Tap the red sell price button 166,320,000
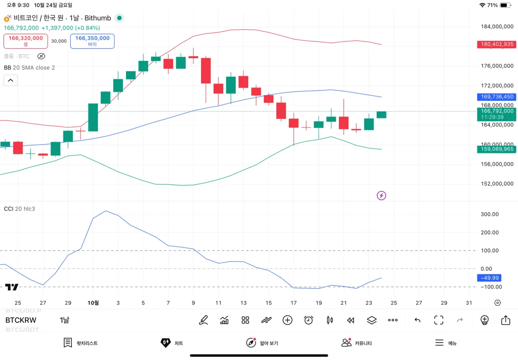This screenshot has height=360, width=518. (26, 41)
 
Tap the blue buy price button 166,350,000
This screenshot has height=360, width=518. (92, 41)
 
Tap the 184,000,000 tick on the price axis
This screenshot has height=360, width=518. (497, 27)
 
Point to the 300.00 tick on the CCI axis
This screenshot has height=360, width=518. (490, 214)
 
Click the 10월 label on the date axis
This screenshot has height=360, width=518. (93, 303)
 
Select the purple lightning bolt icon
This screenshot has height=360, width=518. (381, 196)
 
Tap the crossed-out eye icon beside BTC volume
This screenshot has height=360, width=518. (41, 56)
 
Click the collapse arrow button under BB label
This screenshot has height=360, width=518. (11, 80)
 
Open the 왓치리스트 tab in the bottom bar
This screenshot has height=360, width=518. (81, 343)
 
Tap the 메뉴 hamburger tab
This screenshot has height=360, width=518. (446, 343)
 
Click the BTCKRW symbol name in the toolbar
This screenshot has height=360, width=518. (21, 320)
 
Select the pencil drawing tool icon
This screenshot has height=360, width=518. (203, 320)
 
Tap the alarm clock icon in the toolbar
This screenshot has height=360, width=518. (308, 320)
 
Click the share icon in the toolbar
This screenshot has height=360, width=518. (505, 320)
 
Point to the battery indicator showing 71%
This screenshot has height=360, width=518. (505, 5)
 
